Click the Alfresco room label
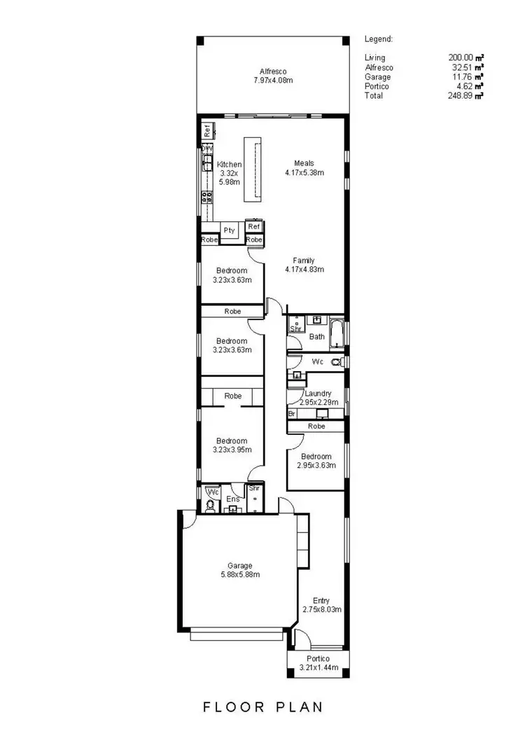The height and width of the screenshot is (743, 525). [x=273, y=71]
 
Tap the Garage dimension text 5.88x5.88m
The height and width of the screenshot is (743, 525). [x=239, y=575]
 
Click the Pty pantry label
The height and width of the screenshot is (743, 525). [x=229, y=230]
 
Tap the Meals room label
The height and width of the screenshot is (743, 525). [x=304, y=164]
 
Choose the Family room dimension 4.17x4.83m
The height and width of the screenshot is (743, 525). [x=304, y=270]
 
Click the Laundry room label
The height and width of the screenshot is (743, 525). [x=318, y=394]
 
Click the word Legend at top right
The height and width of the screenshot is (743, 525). [x=379, y=39]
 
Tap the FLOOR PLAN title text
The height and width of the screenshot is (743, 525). [x=263, y=707]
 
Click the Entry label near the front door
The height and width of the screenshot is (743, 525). [x=321, y=600]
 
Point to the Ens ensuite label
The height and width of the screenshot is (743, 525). [x=232, y=499]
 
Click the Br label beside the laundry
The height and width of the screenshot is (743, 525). [x=292, y=414]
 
